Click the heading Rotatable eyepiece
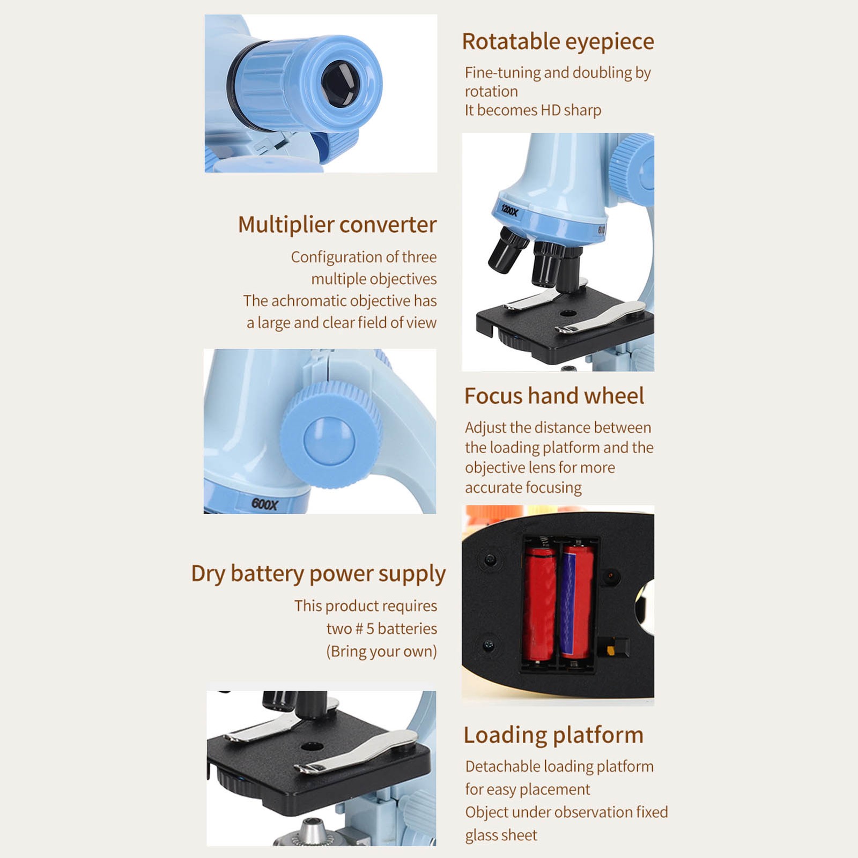(x=558, y=42)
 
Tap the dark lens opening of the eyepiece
(x=340, y=83)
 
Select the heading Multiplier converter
(x=337, y=225)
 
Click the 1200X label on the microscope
(x=509, y=210)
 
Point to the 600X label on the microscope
(x=265, y=504)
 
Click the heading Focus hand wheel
(x=554, y=396)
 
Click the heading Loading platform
(x=553, y=735)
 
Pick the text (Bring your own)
(x=381, y=652)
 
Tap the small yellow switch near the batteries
(x=610, y=650)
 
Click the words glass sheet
(x=501, y=835)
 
